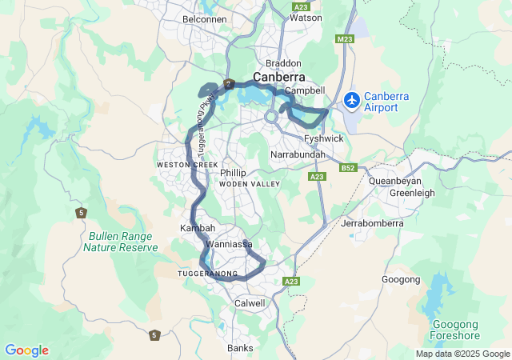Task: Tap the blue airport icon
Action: point(351,99)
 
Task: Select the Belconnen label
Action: point(205,18)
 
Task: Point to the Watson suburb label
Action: point(305,17)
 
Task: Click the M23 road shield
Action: point(345,38)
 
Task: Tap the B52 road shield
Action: point(347,168)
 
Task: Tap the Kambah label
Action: point(198,228)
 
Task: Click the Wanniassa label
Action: point(229,243)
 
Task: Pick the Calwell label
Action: point(250,303)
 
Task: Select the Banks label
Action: point(240,348)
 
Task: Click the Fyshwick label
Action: point(324,138)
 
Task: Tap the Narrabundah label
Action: point(297,153)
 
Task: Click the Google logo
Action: point(26,350)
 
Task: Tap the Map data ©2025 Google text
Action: point(462,354)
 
